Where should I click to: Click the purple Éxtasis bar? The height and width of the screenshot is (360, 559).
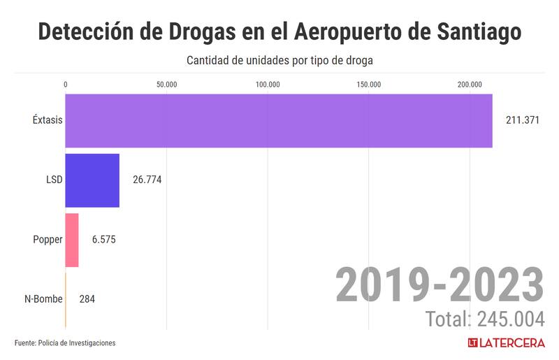pos(279,120)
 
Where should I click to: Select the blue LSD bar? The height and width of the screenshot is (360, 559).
pos(92,180)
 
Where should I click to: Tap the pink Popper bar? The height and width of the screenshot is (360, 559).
pos(72,240)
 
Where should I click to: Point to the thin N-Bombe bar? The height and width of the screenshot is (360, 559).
pos(66,299)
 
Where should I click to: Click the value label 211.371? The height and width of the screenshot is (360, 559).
pos(523,120)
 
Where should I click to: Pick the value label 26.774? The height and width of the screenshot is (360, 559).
pos(147,180)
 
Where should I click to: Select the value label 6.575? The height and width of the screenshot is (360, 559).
pos(103,240)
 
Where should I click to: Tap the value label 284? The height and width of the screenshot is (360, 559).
pos(87,299)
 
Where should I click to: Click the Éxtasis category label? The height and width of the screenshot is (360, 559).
pos(48,120)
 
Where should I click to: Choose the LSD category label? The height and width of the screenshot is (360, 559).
pos(54,180)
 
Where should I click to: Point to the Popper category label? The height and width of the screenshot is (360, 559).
pos(48,240)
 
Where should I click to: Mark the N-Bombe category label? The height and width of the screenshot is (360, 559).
pos(43,299)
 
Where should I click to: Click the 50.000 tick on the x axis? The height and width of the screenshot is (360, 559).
pos(166,85)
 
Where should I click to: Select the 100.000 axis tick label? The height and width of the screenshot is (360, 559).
pos(268,85)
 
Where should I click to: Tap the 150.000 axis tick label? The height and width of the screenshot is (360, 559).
pos(369,85)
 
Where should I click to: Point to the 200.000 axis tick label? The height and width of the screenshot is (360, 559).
pos(470,85)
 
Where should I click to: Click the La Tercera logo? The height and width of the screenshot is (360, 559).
pos(506,343)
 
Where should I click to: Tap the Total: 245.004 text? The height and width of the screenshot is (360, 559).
pos(485,319)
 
